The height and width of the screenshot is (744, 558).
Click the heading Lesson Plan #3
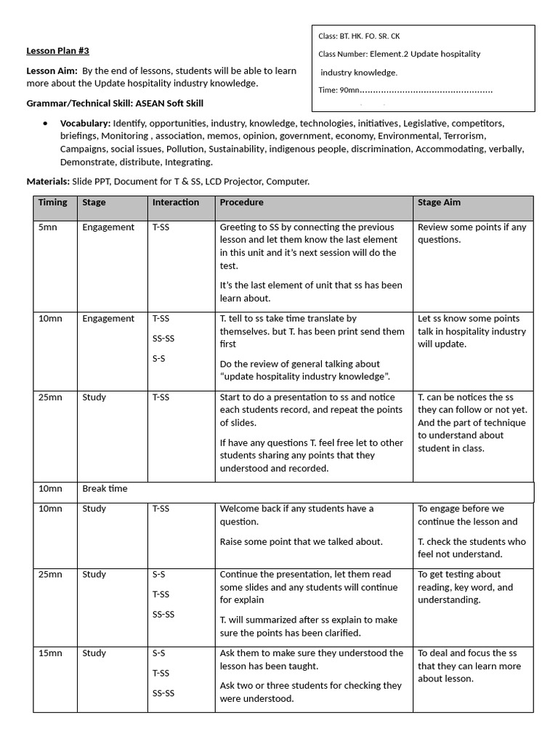click(x=57, y=51)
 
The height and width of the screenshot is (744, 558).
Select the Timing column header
click(x=52, y=203)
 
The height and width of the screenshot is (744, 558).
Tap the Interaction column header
click(x=175, y=203)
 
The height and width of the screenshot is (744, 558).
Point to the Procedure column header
click(x=241, y=203)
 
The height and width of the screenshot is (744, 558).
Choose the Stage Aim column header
click(x=439, y=203)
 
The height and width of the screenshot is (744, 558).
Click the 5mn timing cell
click(x=46, y=227)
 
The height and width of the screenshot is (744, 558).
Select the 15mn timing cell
click(x=50, y=653)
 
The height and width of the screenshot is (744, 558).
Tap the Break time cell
click(x=105, y=489)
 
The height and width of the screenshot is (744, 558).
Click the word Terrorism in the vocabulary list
click(x=465, y=136)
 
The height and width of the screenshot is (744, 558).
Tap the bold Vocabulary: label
click(x=85, y=124)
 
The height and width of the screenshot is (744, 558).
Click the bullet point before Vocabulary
click(x=46, y=124)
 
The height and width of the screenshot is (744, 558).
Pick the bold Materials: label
click(x=48, y=181)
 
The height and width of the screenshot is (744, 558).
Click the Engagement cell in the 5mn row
click(x=108, y=227)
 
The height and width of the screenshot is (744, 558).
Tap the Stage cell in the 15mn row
click(x=94, y=653)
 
